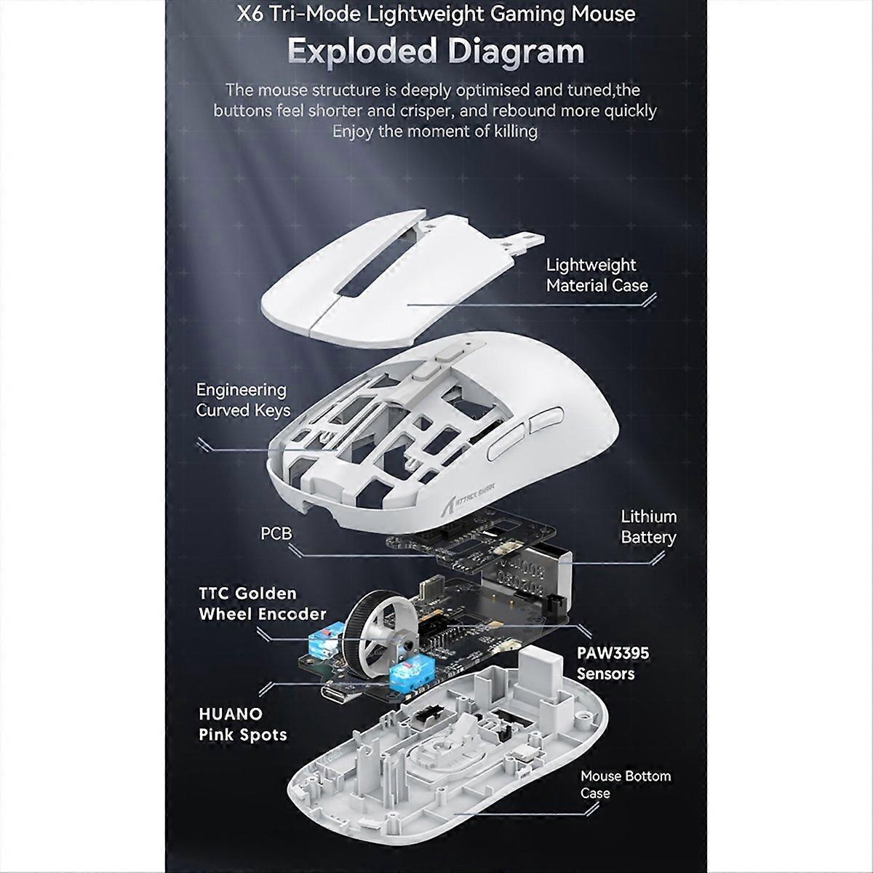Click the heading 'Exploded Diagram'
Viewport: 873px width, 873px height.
pyautogui.click(x=436, y=52)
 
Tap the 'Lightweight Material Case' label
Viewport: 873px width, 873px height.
pyautogui.click(x=597, y=275)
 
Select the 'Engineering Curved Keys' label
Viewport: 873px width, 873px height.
pyautogui.click(x=242, y=400)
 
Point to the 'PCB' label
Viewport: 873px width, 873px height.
pyautogui.click(x=276, y=533)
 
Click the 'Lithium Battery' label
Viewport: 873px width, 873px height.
pyautogui.click(x=648, y=527)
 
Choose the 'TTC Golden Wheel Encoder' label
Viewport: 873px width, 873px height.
pyautogui.click(x=262, y=604)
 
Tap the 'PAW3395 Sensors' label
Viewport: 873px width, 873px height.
pyautogui.click(x=613, y=663)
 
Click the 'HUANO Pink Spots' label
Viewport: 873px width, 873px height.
pyautogui.click(x=242, y=724)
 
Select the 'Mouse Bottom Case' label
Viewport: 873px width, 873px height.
pyautogui.click(x=625, y=784)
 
